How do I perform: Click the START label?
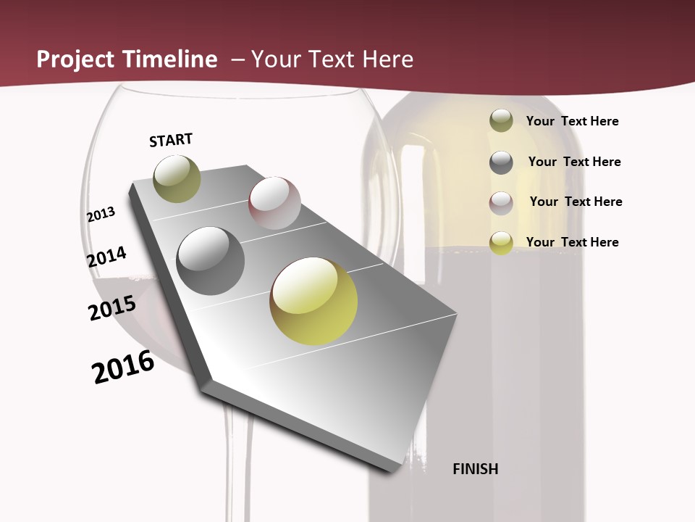tap(171, 140)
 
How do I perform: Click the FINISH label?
tap(475, 469)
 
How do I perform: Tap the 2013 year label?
tap(101, 215)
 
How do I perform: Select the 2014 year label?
tap(106, 257)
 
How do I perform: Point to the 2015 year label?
tap(111, 308)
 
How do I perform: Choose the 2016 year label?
tap(123, 368)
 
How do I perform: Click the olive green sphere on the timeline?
tap(177, 178)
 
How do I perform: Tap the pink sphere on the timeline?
tap(274, 203)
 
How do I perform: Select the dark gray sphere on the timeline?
tap(210, 261)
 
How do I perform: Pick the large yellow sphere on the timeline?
tap(313, 301)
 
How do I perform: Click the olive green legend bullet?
tap(501, 121)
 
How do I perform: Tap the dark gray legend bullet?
tap(501, 162)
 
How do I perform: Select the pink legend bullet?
tap(501, 203)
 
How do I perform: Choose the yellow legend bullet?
tap(501, 243)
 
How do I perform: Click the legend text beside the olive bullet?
tap(572, 121)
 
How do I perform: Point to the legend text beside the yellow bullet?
tap(572, 242)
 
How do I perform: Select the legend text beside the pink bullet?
tap(576, 202)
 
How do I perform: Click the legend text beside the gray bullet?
tap(574, 162)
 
